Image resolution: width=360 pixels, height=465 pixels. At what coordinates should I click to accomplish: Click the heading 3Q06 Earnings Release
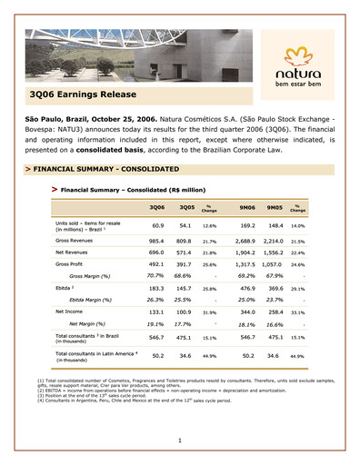pyautogui.click(x=83, y=94)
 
